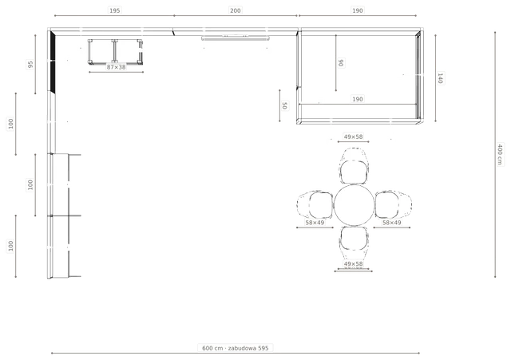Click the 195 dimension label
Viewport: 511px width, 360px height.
pyautogui.click(x=114, y=10)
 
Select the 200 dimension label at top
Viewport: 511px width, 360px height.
pyautogui.click(x=236, y=10)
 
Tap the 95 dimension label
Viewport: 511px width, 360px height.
pyautogui.click(x=30, y=65)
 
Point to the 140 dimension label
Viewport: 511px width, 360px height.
pyautogui.click(x=440, y=78)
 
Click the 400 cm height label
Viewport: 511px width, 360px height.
pyautogui.click(x=500, y=154)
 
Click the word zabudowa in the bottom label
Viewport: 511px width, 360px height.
pyautogui.click(x=242, y=348)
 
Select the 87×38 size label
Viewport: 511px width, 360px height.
pyautogui.click(x=116, y=67)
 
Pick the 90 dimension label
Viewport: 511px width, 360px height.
pyautogui.click(x=341, y=62)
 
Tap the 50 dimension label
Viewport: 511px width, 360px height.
pyautogui.click(x=284, y=105)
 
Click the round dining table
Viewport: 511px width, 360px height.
pyautogui.click(x=354, y=205)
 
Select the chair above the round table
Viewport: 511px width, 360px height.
pyautogui.click(x=354, y=166)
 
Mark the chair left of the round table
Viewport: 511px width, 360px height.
pyautogui.click(x=315, y=205)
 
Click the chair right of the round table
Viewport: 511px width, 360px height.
pyautogui.click(x=394, y=205)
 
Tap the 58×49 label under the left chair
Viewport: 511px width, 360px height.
pyautogui.click(x=315, y=223)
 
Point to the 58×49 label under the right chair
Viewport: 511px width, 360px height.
pyautogui.click(x=392, y=223)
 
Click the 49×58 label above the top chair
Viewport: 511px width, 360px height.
pyautogui.click(x=353, y=136)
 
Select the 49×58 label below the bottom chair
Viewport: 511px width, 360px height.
pyautogui.click(x=353, y=264)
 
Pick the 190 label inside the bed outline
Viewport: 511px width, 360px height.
pyautogui.click(x=358, y=99)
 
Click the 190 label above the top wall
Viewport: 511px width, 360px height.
pyautogui.click(x=358, y=10)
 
